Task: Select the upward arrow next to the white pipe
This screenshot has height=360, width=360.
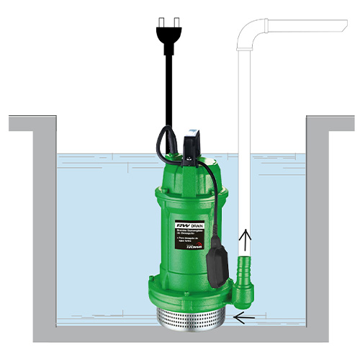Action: coord(245,240)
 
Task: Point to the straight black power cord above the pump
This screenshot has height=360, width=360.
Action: coord(168,86)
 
